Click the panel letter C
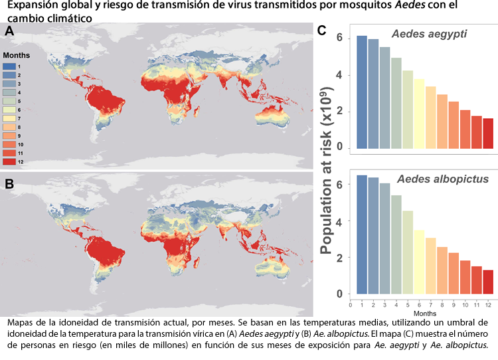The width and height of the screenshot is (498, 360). pos(321,31)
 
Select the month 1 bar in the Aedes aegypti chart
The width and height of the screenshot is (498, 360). pos(362,93)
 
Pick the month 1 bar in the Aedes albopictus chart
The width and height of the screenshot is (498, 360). pos(362,234)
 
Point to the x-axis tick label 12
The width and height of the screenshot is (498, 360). pos(488,304)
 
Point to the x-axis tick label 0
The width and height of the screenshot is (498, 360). pos(351,304)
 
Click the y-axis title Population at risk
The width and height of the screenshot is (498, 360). pos(328,166)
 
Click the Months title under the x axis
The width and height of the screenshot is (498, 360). pos(424,312)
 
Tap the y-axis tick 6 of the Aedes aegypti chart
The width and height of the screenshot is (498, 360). pos(339,38)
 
